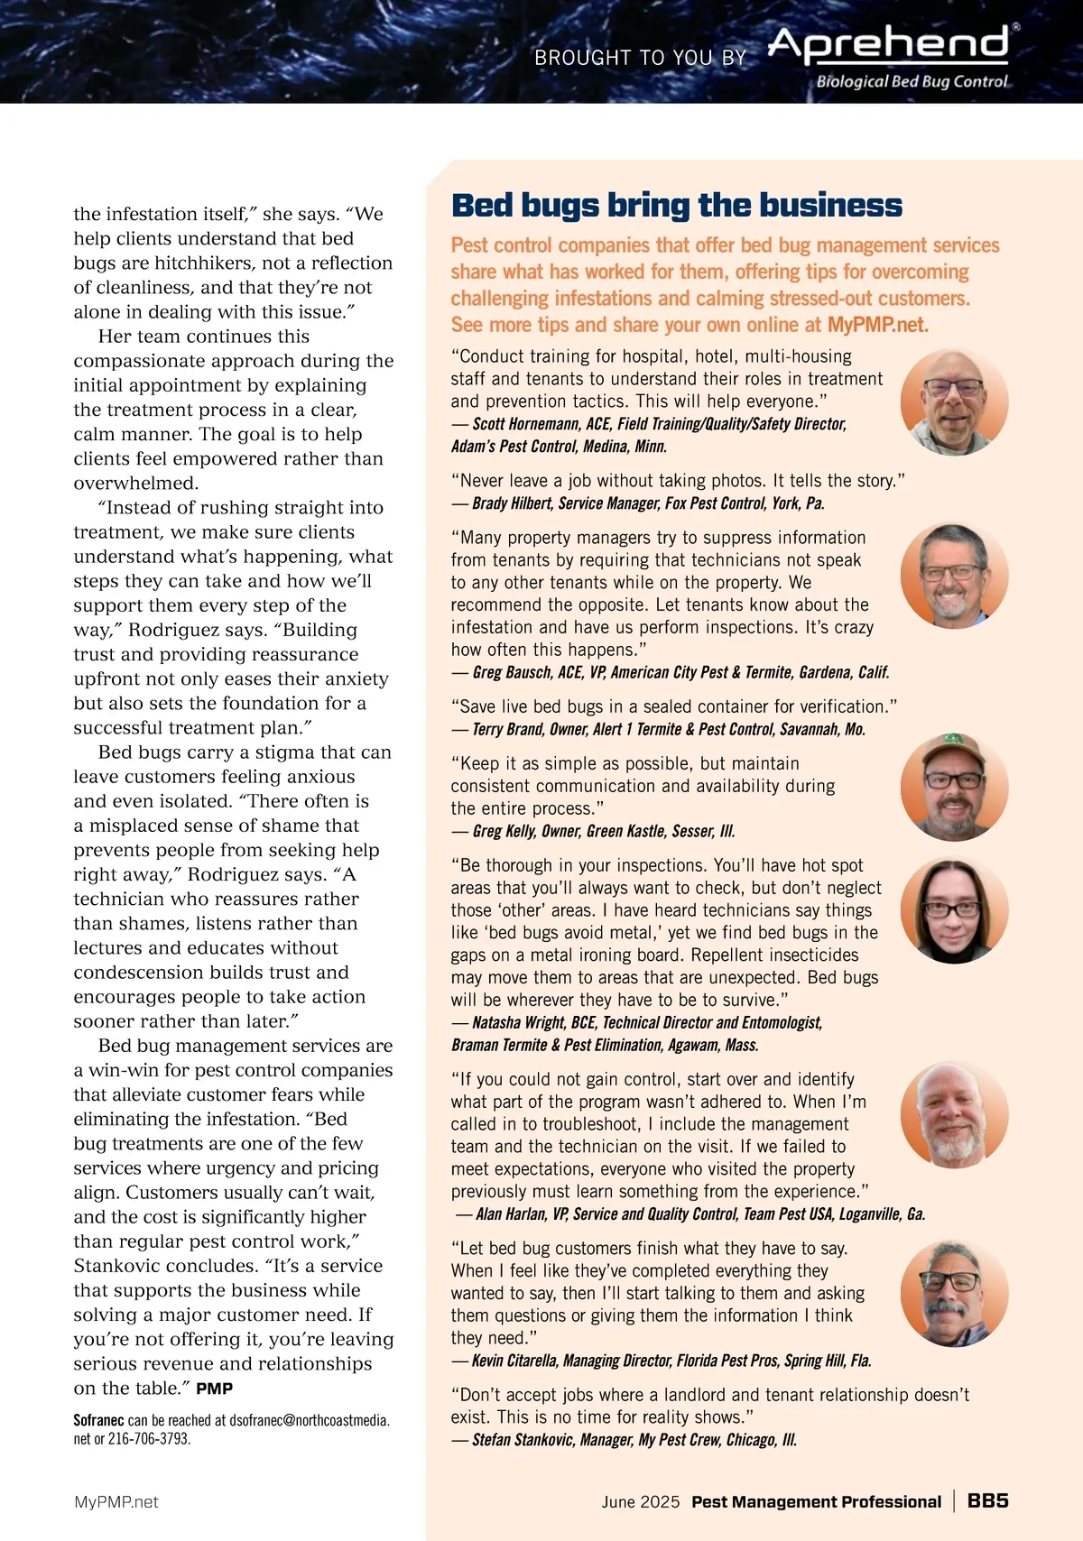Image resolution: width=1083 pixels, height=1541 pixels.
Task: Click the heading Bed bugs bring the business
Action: click(x=676, y=206)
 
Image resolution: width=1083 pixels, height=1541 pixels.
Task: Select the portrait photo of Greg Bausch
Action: click(x=954, y=576)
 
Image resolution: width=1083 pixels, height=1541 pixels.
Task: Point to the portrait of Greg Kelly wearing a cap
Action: click(x=954, y=787)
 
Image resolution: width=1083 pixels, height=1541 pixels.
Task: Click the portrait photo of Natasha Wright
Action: click(x=954, y=910)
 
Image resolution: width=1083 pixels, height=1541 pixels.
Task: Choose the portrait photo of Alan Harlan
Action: click(x=954, y=1115)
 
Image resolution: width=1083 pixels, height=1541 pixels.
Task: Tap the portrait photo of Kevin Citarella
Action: click(x=954, y=1294)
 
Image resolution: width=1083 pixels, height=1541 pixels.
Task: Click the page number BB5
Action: click(x=987, y=1500)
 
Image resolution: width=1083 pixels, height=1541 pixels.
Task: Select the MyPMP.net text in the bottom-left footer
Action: click(x=116, y=1502)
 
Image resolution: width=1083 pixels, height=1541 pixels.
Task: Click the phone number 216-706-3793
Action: click(x=149, y=1438)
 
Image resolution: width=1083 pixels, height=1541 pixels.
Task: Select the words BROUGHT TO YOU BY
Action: click(x=640, y=59)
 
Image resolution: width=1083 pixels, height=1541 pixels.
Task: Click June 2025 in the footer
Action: click(x=641, y=1502)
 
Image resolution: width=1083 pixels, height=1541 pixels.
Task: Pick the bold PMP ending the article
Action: click(x=214, y=1389)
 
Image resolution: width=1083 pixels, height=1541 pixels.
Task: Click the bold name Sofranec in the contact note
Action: click(x=98, y=1420)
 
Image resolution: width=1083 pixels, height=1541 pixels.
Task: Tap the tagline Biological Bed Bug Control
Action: click(x=912, y=81)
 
